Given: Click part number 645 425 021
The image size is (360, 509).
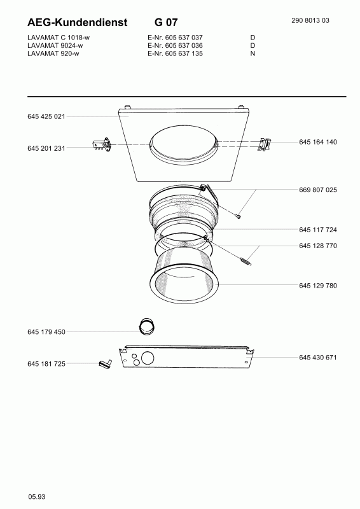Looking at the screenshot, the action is (46, 116).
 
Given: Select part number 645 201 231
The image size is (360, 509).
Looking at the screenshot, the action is (46, 148).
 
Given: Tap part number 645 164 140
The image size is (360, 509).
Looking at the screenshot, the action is (318, 142).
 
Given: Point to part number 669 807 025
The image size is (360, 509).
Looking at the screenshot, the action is (318, 190).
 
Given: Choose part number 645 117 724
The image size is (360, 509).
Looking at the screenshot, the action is (318, 230).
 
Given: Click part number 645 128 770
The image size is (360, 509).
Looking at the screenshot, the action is (318, 246).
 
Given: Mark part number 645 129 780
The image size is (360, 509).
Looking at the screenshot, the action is (318, 286).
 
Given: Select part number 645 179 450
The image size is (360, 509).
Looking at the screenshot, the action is (46, 331).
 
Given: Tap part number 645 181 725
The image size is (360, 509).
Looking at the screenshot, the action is (46, 364).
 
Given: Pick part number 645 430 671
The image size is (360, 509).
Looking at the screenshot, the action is (318, 358).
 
